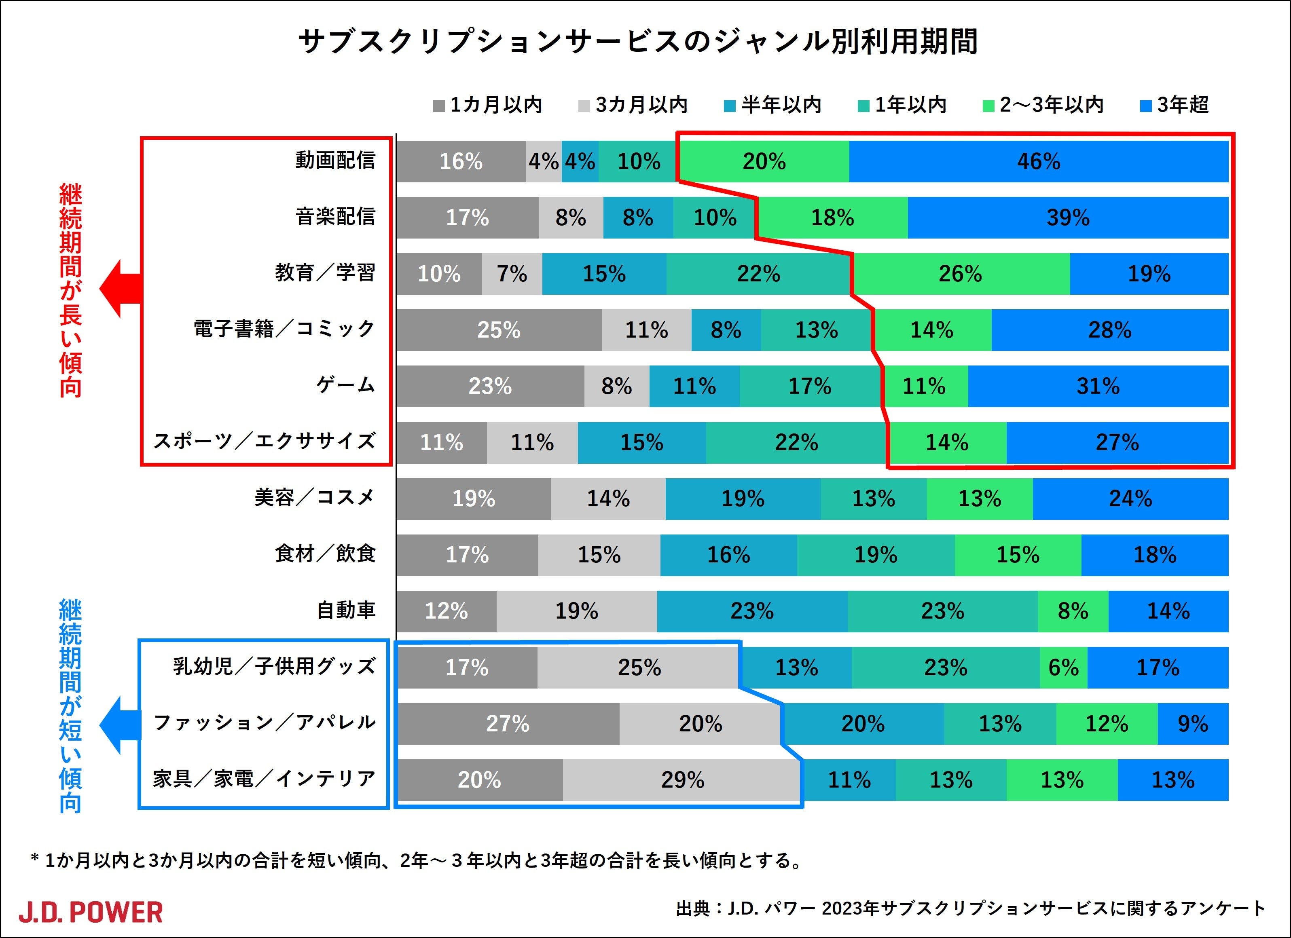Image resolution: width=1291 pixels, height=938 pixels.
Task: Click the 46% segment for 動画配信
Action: (1038, 162)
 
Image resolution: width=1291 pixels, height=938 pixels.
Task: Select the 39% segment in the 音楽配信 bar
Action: (1068, 218)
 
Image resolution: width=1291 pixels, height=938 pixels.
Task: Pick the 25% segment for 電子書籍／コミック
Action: (499, 330)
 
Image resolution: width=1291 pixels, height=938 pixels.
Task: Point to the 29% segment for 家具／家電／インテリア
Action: (682, 780)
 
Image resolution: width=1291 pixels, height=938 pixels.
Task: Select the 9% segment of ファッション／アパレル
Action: (1193, 724)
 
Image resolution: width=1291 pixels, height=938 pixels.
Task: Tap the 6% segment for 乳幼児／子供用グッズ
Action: (1063, 668)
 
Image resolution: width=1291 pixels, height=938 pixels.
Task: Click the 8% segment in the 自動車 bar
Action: (1073, 611)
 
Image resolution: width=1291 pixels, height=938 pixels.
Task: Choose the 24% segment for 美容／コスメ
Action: (1130, 499)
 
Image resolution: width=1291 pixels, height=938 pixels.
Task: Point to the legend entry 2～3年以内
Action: (1043, 105)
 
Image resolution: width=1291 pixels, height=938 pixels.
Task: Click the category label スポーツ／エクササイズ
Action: (265, 441)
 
